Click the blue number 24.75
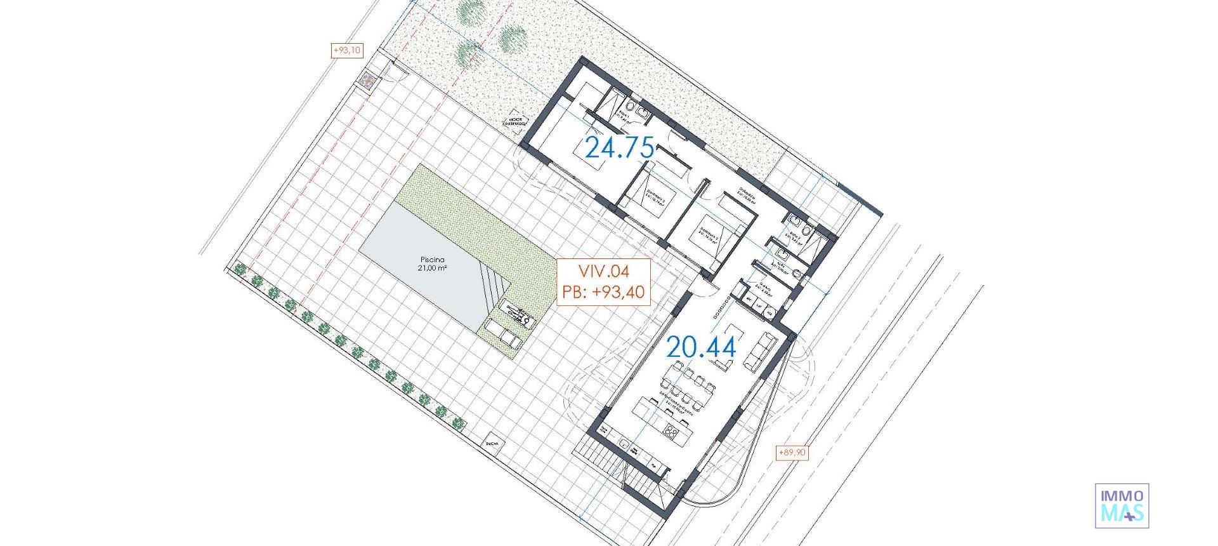click(x=619, y=147)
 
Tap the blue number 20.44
click(x=701, y=347)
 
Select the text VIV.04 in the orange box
click(x=603, y=271)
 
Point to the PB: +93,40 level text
click(x=603, y=292)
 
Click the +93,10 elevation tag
click(x=347, y=50)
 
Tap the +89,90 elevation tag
click(x=792, y=453)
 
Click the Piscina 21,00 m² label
click(x=432, y=263)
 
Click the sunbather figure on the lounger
click(x=516, y=314)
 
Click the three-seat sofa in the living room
click(x=760, y=352)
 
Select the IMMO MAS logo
click(x=1122, y=505)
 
